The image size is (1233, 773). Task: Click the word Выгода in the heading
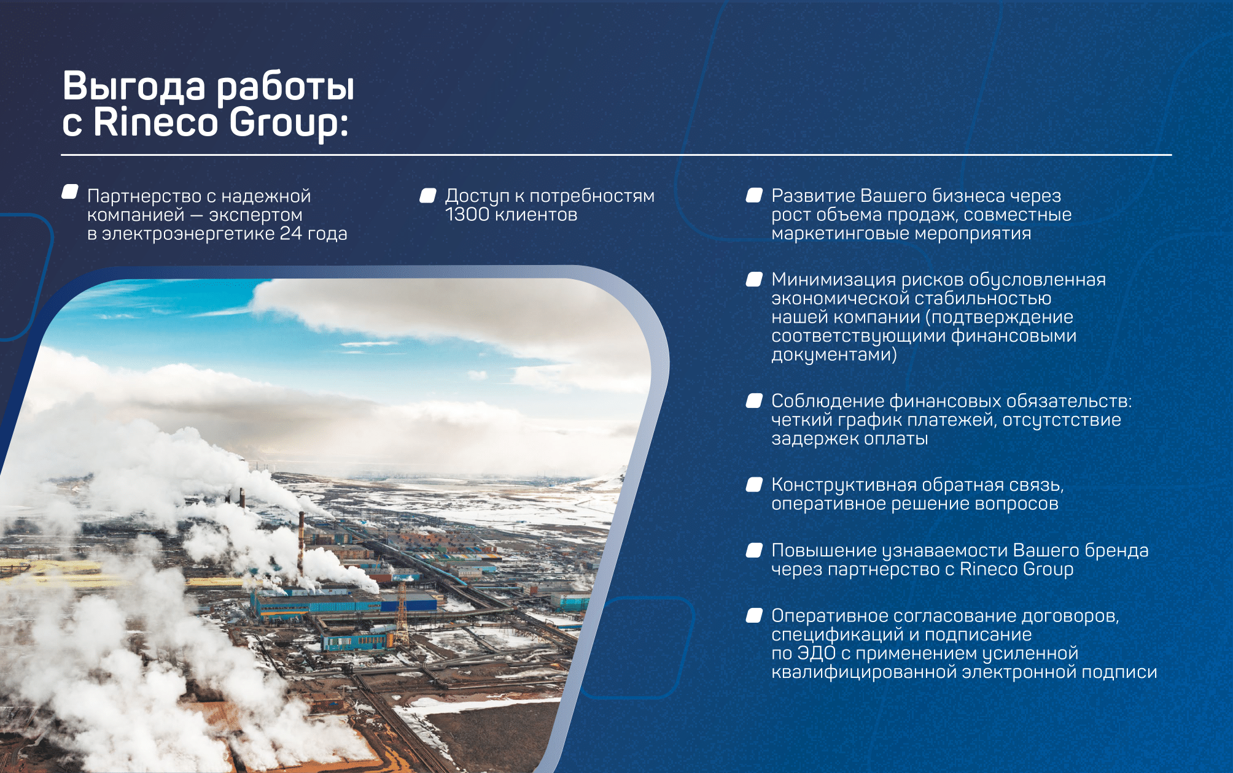click(134, 86)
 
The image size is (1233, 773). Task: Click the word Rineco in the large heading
click(156, 122)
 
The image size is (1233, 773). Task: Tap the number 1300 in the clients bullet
click(467, 215)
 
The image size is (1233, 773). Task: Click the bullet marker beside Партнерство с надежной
click(70, 192)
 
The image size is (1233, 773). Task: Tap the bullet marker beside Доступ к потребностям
click(428, 195)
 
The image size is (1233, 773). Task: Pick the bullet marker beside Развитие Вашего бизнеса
click(754, 195)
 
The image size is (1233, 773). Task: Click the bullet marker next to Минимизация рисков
click(754, 279)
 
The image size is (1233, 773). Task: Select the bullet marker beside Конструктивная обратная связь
click(754, 485)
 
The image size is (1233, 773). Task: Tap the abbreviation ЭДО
click(816, 653)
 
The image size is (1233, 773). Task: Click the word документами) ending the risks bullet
click(834, 355)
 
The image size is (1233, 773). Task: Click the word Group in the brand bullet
click(1048, 569)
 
